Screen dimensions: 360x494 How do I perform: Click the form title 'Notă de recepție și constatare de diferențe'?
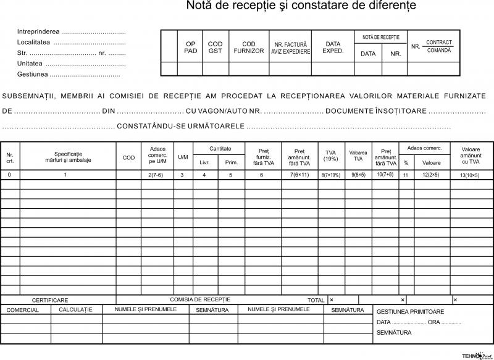301,6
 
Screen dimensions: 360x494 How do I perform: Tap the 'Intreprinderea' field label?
39,31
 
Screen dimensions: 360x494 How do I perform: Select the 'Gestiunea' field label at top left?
33,74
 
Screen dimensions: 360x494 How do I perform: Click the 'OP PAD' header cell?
191,47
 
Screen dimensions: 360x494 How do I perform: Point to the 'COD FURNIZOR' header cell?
249,47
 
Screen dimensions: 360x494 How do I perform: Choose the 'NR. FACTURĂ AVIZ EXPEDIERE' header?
290,48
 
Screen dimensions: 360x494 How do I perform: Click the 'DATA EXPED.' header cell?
333,47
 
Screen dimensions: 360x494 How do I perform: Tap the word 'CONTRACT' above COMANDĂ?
438,42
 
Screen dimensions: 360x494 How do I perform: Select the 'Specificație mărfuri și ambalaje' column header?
68,157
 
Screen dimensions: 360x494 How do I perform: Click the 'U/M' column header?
183,157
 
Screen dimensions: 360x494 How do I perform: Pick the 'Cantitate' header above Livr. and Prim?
220,149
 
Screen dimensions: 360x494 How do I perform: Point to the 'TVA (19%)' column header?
330,157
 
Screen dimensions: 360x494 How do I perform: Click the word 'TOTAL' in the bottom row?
316,300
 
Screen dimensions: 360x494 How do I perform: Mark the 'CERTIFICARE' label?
50,300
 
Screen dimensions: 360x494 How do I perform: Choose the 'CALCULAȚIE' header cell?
75,309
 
